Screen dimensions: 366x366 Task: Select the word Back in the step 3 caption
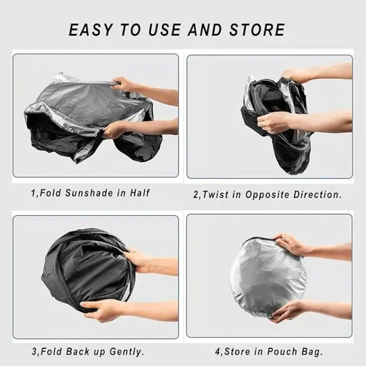pos(79,351)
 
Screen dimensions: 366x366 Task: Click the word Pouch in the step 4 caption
pos(283,351)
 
